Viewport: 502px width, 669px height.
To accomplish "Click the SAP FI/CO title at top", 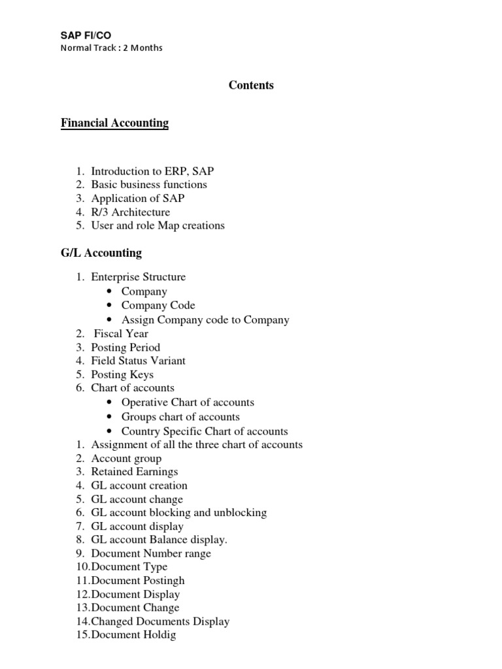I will click(81, 35).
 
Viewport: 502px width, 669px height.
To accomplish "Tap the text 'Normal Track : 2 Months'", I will click(111, 48).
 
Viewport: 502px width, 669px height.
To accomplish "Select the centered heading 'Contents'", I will click(251, 86).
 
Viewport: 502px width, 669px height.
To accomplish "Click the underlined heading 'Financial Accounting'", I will click(114, 123).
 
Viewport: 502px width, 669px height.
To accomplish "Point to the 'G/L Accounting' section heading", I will click(101, 253).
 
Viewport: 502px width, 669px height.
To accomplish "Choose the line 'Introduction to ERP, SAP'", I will click(152, 171).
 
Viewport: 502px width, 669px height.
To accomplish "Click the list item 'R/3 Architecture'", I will click(130, 212).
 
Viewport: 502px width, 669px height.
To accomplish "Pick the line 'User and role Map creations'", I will click(158, 225).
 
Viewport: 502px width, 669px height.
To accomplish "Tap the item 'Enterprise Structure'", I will click(138, 277).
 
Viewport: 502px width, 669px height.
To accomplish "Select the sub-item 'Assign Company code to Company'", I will click(205, 319).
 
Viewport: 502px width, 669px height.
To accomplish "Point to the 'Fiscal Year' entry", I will click(121, 333).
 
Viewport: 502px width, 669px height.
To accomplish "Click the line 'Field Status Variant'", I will click(138, 361).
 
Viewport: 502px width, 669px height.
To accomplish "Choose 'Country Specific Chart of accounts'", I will click(205, 431).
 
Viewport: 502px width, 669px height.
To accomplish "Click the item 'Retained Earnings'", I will click(134, 472).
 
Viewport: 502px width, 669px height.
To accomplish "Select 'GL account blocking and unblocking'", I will click(178, 513).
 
